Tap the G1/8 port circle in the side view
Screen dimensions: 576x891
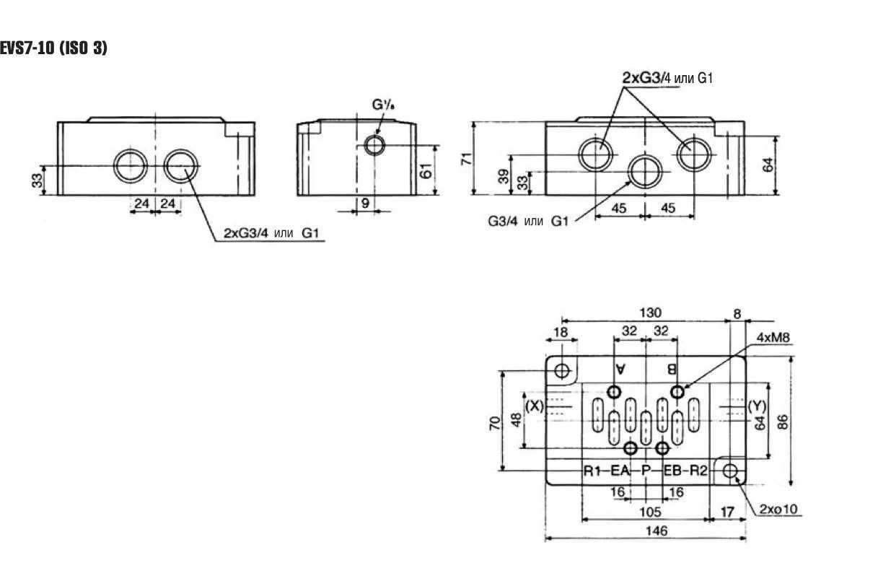click(374, 145)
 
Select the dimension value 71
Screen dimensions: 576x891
click(466, 158)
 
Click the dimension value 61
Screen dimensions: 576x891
click(426, 170)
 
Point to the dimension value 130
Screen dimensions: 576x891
click(651, 313)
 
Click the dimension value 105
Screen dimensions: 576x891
click(651, 512)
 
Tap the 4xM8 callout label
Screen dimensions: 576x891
click(773, 338)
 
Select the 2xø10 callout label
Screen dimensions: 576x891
click(779, 510)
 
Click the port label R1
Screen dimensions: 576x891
click(592, 472)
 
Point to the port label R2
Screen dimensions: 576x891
click(698, 472)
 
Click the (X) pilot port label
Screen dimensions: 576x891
click(534, 406)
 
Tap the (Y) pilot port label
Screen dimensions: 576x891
click(756, 406)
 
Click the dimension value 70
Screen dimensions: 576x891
click(494, 422)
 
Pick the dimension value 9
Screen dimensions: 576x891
click(365, 204)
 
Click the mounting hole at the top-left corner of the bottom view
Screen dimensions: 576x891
click(563, 371)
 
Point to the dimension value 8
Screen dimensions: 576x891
click(737, 313)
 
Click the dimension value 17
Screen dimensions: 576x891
click(727, 512)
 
